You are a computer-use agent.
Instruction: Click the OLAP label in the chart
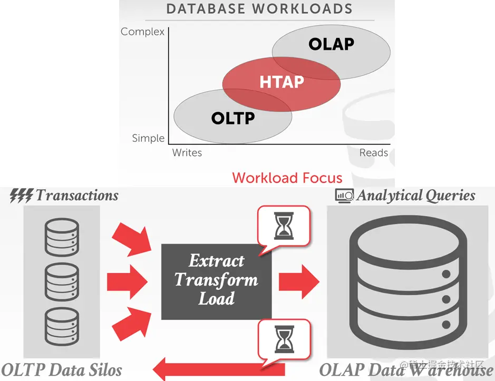click(331, 44)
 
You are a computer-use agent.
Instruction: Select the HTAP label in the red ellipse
click(282, 82)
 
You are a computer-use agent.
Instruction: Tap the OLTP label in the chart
click(233, 118)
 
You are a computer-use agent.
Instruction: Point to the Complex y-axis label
click(142, 32)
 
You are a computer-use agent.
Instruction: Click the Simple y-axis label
click(148, 138)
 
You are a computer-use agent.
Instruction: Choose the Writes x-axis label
click(187, 153)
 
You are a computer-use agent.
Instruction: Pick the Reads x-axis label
click(373, 153)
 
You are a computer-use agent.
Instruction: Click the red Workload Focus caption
click(287, 178)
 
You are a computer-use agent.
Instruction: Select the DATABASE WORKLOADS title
click(259, 9)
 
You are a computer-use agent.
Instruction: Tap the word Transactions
click(77, 196)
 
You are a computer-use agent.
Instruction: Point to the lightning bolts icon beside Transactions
click(22, 196)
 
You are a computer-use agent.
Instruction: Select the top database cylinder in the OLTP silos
click(62, 236)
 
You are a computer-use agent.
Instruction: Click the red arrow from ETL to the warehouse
click(298, 279)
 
